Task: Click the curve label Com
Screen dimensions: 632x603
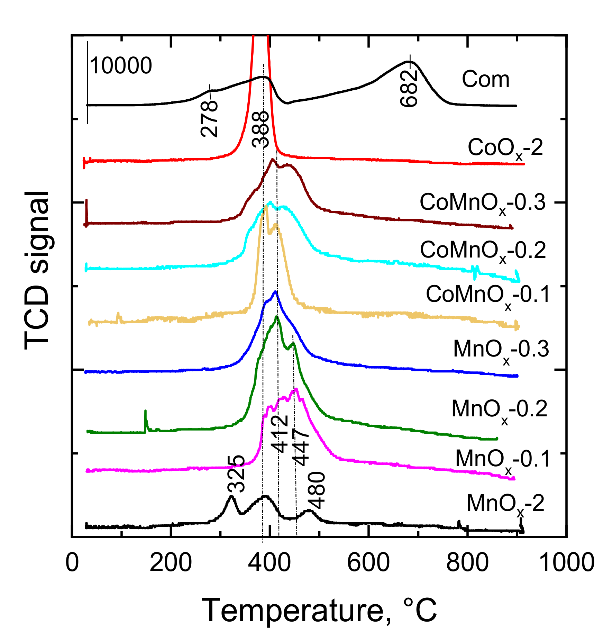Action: [485, 79]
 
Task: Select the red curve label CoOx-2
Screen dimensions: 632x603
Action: [505, 148]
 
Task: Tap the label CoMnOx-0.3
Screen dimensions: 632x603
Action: [483, 203]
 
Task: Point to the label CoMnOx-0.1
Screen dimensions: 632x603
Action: [487, 296]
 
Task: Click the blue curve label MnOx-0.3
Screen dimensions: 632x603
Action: [501, 350]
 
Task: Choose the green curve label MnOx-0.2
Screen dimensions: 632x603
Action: [499, 410]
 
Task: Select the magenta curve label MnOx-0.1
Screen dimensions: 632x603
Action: [502, 460]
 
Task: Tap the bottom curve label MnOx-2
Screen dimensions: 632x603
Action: [505, 504]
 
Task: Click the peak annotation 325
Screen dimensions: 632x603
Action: [237, 474]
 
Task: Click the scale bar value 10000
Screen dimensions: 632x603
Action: [121, 65]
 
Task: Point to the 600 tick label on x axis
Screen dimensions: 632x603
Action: [368, 563]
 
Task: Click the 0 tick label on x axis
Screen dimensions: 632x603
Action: [72, 563]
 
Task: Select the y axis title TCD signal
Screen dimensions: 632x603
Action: [37, 270]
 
